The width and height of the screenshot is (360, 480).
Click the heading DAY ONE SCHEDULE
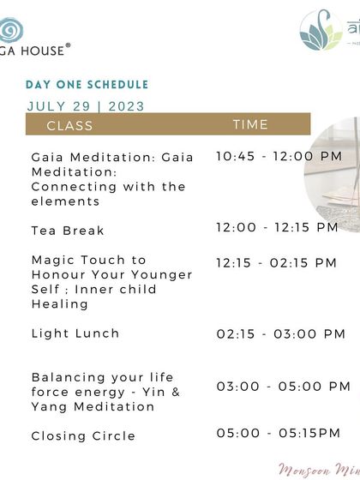(87, 85)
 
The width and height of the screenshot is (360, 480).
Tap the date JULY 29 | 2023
(86, 106)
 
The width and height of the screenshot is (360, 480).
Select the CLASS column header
(69, 125)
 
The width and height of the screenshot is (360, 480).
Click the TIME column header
(250, 124)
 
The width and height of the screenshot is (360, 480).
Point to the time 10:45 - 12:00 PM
(279, 156)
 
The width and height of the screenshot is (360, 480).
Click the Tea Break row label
(68, 231)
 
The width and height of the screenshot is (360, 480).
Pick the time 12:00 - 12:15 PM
(277, 227)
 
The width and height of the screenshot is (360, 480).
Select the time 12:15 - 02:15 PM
(276, 263)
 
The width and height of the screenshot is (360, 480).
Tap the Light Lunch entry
(75, 333)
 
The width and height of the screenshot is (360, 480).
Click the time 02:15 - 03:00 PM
(280, 333)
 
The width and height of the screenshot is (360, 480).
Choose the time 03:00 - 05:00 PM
(280, 387)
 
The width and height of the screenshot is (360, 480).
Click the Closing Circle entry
(83, 436)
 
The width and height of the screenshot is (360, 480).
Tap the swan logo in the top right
(321, 31)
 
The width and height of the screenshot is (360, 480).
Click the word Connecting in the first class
(73, 187)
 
